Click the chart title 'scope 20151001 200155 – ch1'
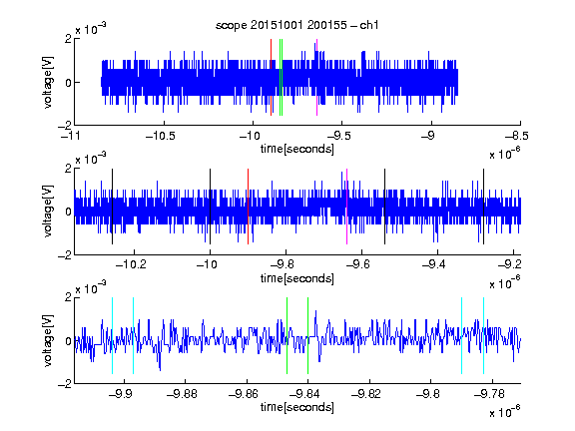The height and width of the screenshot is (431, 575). click(x=296, y=25)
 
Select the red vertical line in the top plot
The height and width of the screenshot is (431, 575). click(x=271, y=78)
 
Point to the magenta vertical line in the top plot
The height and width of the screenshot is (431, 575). click(x=316, y=78)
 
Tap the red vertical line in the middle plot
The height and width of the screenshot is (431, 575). click(x=248, y=207)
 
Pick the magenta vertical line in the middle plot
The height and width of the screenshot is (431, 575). click(x=346, y=207)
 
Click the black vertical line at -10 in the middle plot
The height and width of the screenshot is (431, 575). click(x=210, y=207)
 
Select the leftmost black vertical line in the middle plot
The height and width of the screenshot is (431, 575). click(x=112, y=207)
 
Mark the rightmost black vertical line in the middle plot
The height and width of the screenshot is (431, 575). click(x=483, y=207)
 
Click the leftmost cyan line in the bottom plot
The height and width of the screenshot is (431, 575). click(x=112, y=335)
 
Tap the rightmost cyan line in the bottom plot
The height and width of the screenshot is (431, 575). click(x=483, y=335)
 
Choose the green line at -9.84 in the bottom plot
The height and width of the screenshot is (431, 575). click(x=307, y=335)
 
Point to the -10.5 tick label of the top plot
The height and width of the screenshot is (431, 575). click(x=161, y=136)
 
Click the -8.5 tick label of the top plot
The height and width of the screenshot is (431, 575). click(x=517, y=136)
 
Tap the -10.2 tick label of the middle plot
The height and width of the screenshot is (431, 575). click(x=131, y=264)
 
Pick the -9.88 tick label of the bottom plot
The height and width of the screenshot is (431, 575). click(x=182, y=394)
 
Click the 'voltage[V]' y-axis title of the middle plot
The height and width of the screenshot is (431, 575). click(x=48, y=212)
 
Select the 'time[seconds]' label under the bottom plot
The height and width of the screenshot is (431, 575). click(x=297, y=407)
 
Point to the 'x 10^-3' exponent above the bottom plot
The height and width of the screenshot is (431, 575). click(x=91, y=287)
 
